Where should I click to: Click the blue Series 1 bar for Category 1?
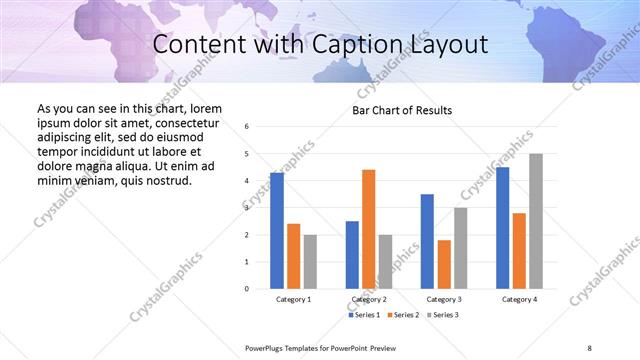(277, 231)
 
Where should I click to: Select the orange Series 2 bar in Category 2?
(368, 229)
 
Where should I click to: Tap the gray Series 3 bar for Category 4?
(536, 221)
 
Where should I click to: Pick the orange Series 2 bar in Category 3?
(444, 264)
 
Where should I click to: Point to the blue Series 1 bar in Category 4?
(502, 228)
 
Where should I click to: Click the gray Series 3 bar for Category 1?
(310, 262)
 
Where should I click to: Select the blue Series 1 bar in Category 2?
(352, 255)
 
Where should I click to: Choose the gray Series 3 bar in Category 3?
(460, 248)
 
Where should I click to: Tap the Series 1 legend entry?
(363, 315)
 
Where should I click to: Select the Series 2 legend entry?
(402, 315)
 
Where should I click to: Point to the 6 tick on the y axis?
(247, 127)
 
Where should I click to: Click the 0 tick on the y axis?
(247, 289)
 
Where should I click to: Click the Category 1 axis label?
(293, 299)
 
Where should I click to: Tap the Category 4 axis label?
(519, 299)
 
